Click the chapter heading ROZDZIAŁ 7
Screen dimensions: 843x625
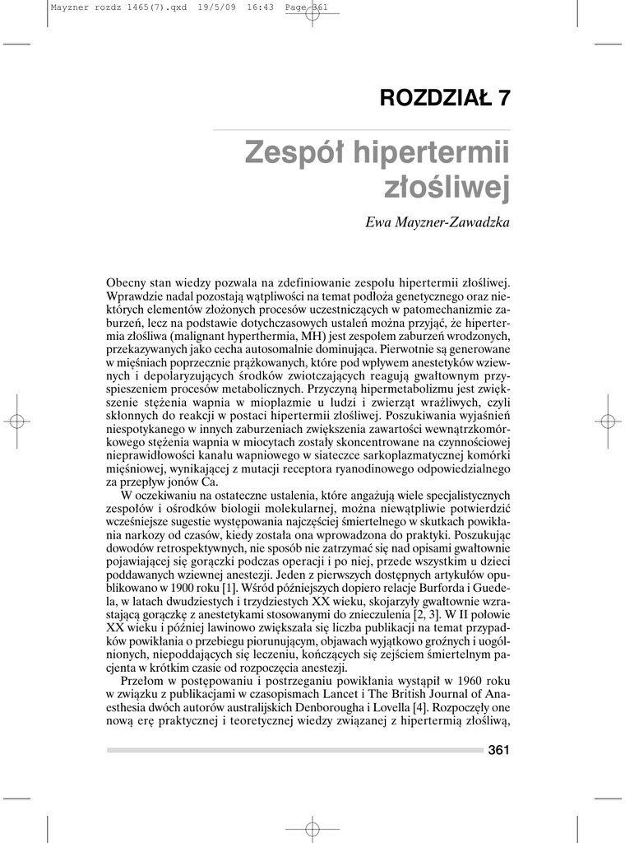coord(444,97)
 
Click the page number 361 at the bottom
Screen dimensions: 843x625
coord(498,749)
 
